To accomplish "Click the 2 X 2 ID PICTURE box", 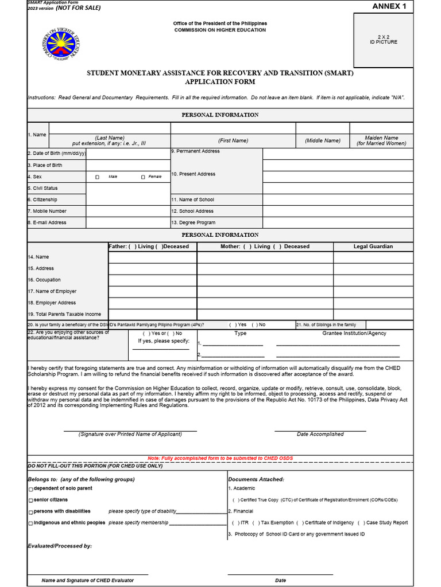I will pos(383,40).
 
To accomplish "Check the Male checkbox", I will pos(97,177).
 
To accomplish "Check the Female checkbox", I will pos(143,177).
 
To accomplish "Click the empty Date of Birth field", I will pos(127,154).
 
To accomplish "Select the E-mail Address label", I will pos(47,222).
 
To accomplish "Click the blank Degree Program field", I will pos(338,222).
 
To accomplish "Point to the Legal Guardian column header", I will pos(373,246).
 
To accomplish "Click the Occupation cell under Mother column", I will pos(265,280).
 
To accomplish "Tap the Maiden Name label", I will pos(381,140).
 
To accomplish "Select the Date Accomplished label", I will pos(320,434).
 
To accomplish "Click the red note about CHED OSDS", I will pos(220,458).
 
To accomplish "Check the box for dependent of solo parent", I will pos(31,489).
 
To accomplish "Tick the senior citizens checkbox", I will pos(31,500).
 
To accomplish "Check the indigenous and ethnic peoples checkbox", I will pos(31,523).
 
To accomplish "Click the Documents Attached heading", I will pos(256,479).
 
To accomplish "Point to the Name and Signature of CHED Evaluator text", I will pos(87,580).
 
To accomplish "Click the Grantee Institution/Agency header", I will pos(354,333).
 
